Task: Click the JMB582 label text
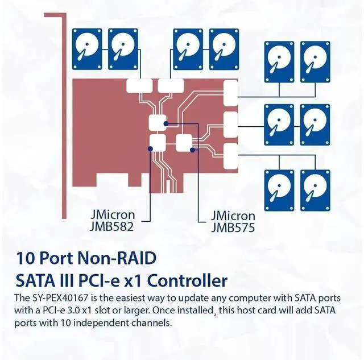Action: pos(113,227)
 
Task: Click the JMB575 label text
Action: pos(233,227)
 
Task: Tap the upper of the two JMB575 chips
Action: pos(156,121)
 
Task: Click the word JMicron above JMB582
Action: pos(113,216)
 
